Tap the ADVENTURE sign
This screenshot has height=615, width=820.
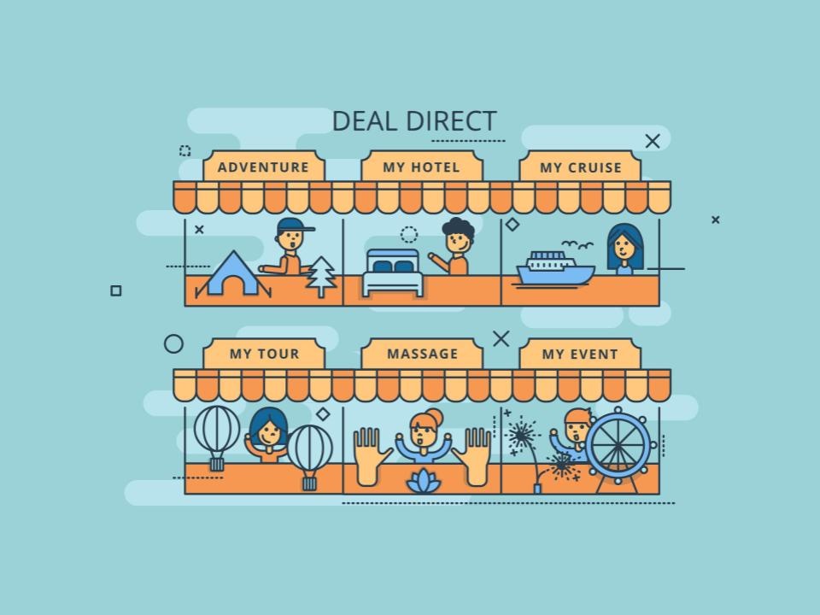click(x=264, y=167)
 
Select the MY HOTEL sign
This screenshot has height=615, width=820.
click(x=421, y=167)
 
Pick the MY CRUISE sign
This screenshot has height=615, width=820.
click(x=580, y=167)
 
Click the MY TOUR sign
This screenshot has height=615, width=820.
click(x=264, y=354)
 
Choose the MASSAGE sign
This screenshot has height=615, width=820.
click(x=421, y=354)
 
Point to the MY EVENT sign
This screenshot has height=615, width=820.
click(x=580, y=354)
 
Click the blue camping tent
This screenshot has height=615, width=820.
click(x=233, y=275)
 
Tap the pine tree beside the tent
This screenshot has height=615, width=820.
click(x=320, y=276)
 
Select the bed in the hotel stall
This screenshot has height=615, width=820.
click(x=393, y=272)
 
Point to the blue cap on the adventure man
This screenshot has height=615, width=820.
click(x=294, y=225)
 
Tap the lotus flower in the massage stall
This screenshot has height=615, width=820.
click(x=424, y=481)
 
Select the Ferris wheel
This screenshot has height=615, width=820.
click(x=618, y=448)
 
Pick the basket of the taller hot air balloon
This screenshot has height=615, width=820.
click(x=217, y=464)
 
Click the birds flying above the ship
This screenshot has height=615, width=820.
click(x=577, y=244)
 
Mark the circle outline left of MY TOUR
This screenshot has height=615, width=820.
click(x=173, y=344)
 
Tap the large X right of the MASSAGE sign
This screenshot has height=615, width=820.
click(x=501, y=339)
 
